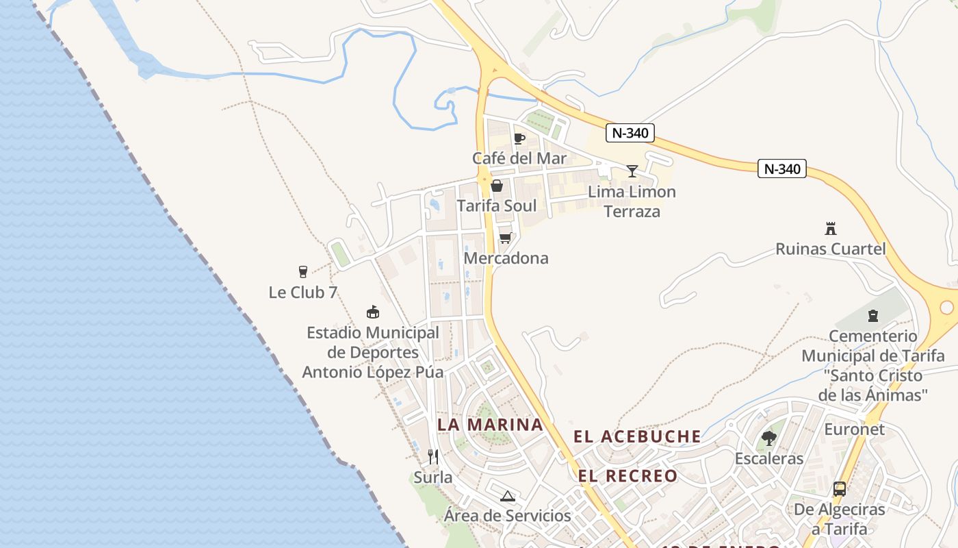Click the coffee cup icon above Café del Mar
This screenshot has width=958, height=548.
point(519,139)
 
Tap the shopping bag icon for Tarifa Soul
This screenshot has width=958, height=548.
point(497,186)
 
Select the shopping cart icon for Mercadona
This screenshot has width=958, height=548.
point(505,238)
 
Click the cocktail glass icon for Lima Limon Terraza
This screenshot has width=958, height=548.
point(632,171)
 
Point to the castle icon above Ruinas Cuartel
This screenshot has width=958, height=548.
point(831,229)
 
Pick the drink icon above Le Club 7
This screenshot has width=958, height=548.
point(303,272)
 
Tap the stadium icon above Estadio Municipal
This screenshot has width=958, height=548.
point(373,312)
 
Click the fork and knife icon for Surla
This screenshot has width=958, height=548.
point(432,456)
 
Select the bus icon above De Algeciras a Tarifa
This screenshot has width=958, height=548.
point(840,489)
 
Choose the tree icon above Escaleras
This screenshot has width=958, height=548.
point(769,438)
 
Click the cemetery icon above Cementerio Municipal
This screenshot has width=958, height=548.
point(872,316)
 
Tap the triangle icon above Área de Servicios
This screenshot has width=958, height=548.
point(507,496)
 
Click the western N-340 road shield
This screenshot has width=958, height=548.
point(630,133)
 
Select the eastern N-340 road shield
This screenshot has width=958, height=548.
point(782,169)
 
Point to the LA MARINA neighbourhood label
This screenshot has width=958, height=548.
point(490,425)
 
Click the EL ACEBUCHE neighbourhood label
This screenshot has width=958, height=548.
point(637,436)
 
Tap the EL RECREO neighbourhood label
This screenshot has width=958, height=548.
point(627,476)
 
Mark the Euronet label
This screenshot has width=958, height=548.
point(854,429)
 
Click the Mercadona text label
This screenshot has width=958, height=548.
point(506,258)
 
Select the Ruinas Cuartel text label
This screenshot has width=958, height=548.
point(831,249)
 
